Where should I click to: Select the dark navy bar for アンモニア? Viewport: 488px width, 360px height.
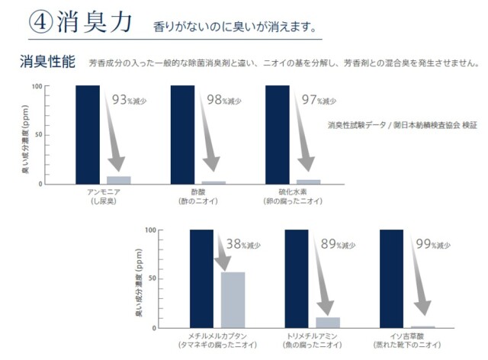88,134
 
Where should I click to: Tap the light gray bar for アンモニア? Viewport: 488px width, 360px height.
119,180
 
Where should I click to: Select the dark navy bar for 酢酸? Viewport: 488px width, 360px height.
182,134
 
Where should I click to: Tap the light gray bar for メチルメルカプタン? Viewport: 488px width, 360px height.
233,300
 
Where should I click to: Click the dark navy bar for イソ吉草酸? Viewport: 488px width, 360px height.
390,278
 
